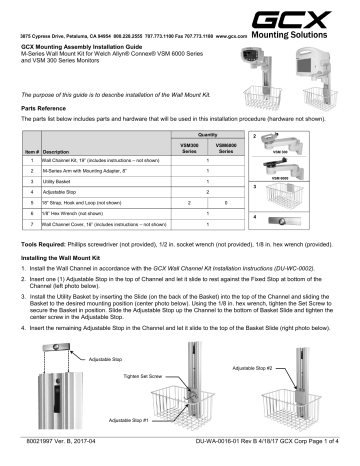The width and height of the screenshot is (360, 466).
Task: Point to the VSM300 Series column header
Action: click(x=180, y=147)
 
